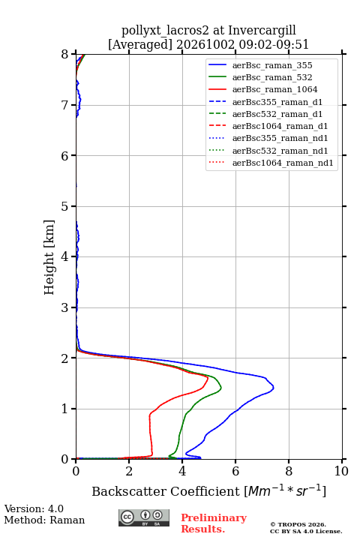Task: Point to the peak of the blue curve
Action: pos(274,388)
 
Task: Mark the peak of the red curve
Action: pos(208,378)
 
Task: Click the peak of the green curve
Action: pos(221,388)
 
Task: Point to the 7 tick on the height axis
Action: pos(74,105)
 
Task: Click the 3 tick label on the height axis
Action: pos(64,307)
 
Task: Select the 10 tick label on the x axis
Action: pos(341,471)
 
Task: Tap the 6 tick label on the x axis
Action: pos(235,471)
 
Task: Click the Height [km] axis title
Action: pos(49,257)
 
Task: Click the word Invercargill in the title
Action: pos(262,30)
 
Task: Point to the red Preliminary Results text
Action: pos(214,523)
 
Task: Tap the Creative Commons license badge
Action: pos(144,518)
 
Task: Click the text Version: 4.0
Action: pos(34,508)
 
